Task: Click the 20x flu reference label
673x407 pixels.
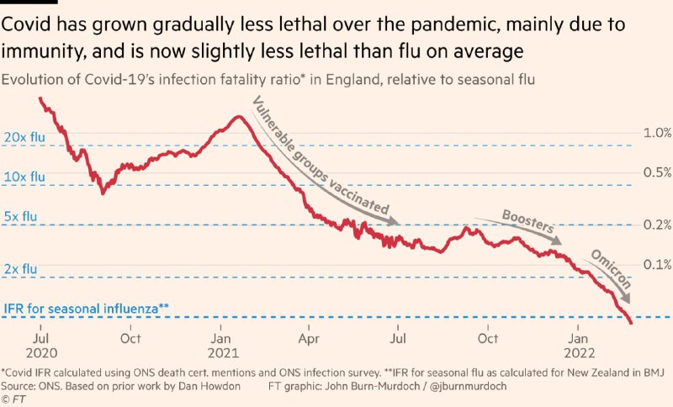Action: pos(24,136)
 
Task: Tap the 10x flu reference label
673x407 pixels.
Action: pos(24,177)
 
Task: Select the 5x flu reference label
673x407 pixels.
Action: pos(21,217)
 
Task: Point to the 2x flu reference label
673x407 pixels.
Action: pos(21,268)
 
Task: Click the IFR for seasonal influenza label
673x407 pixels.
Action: pos(87,309)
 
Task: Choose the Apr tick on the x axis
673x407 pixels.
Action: pos(310,339)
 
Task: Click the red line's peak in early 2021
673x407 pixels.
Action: pos(239,116)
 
